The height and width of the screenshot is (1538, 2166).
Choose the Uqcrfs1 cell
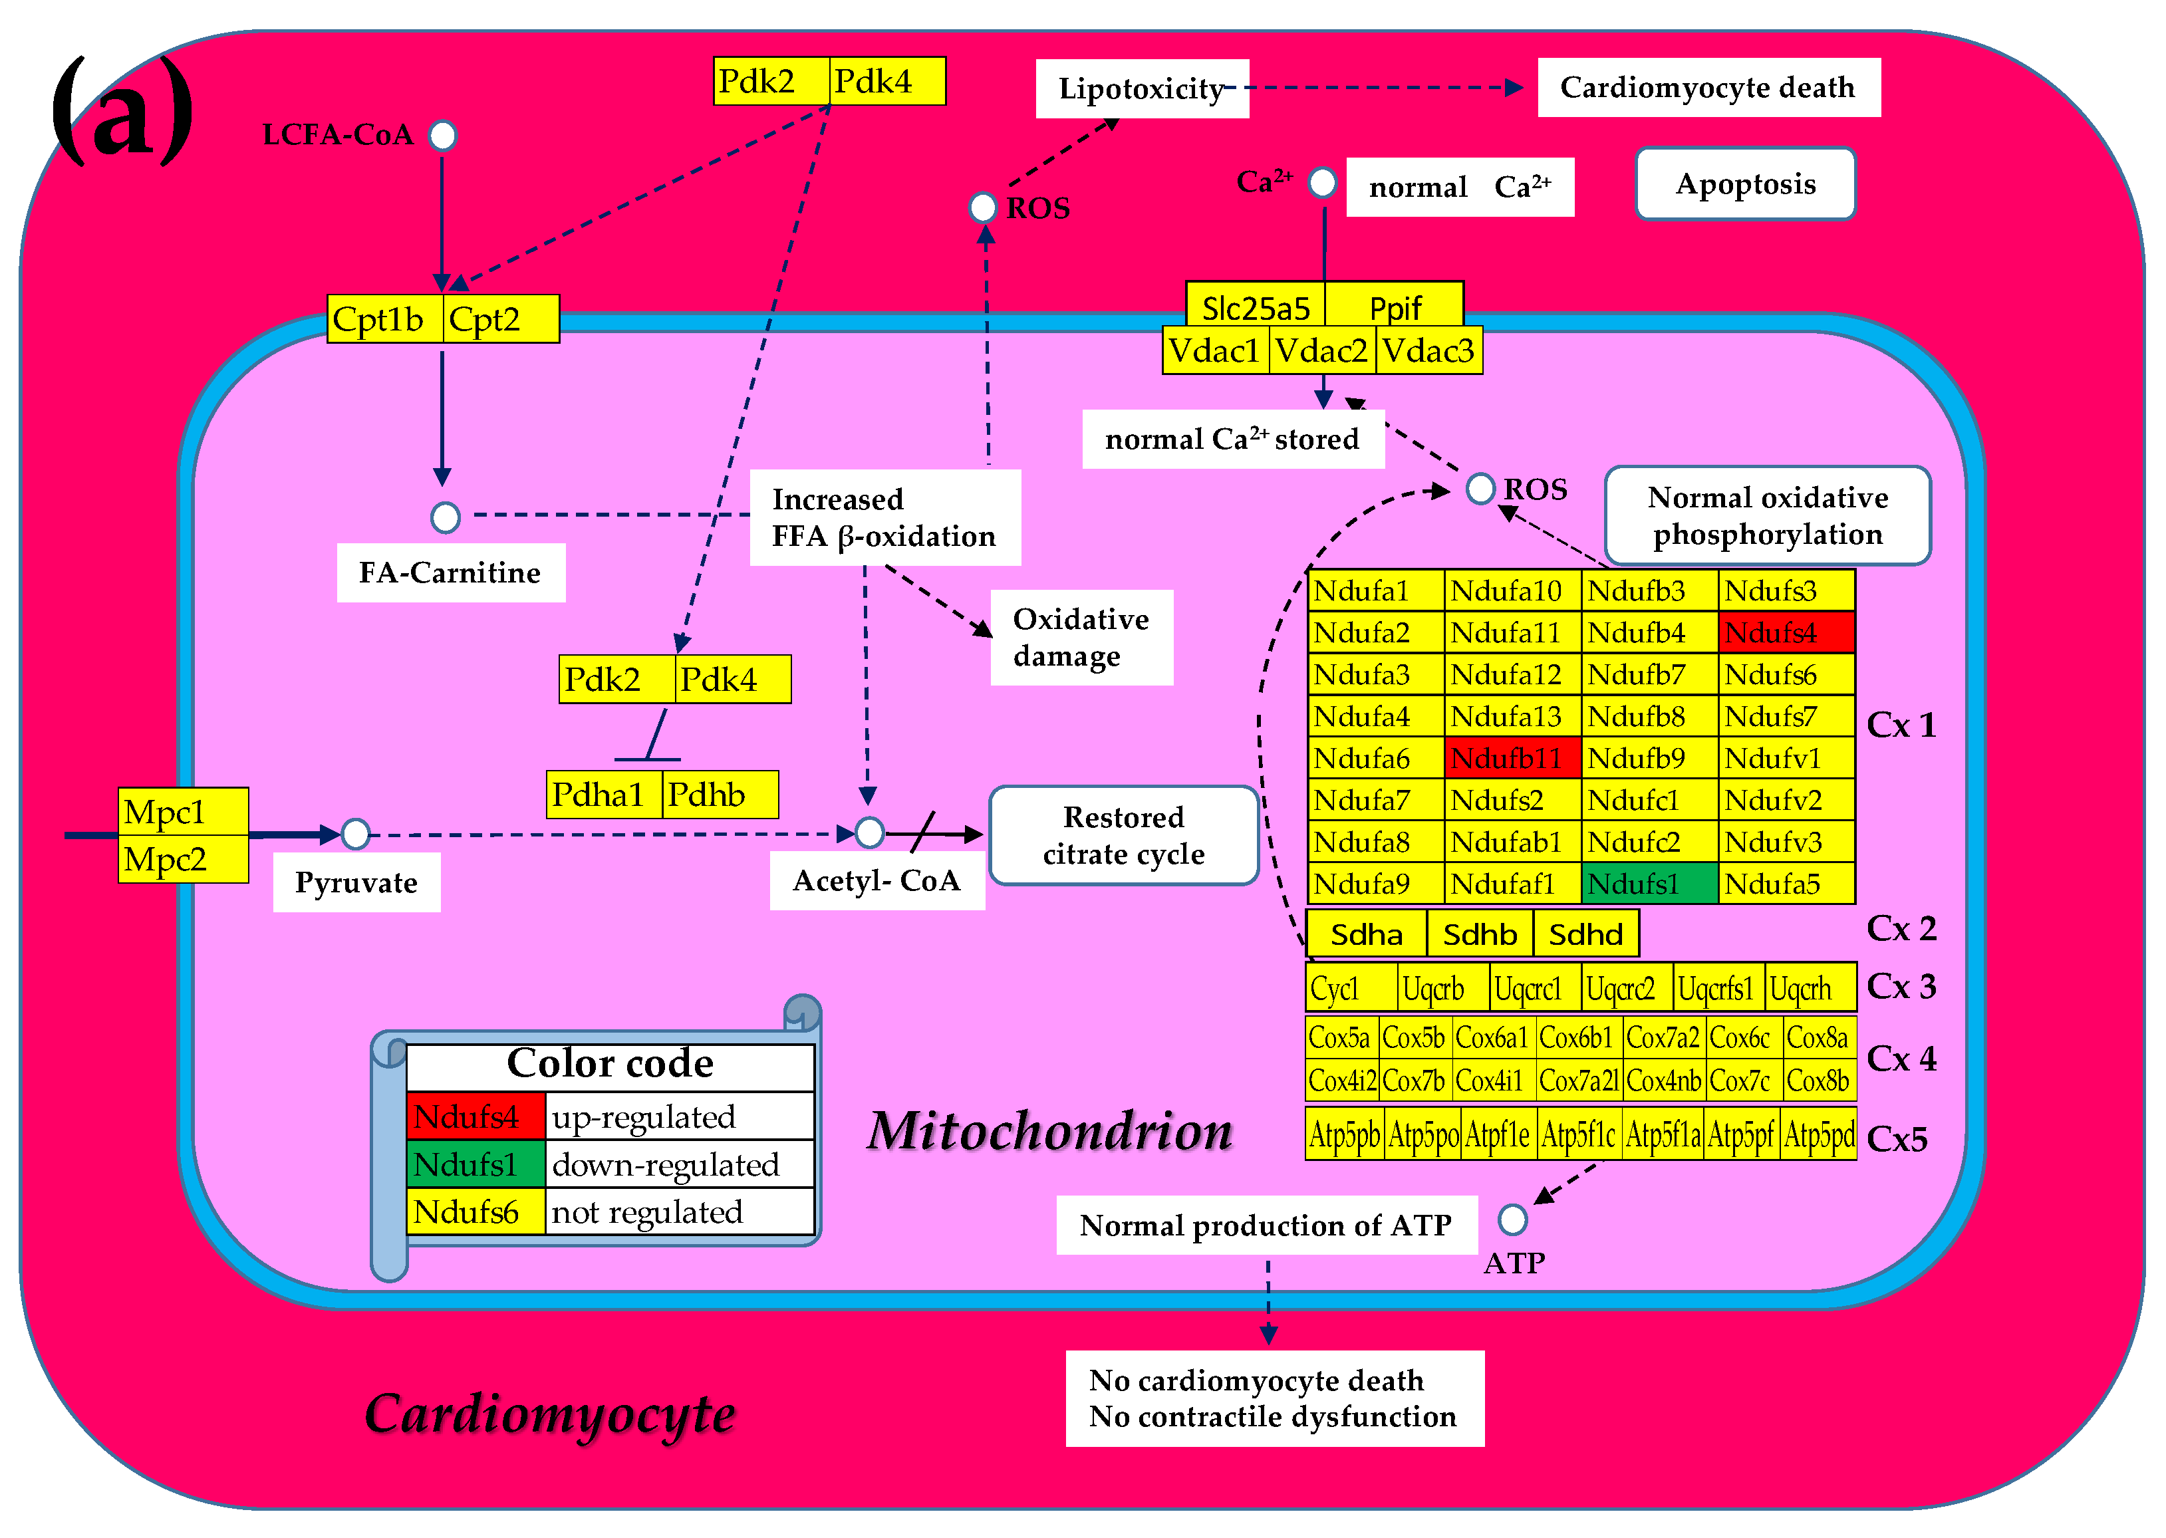[x=1717, y=988]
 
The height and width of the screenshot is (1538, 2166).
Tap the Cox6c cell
[x=1741, y=1038]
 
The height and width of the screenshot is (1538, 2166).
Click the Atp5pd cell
[x=1820, y=1134]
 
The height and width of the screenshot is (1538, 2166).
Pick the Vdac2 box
[x=1321, y=351]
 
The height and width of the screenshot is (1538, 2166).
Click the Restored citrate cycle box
[x=1123, y=835]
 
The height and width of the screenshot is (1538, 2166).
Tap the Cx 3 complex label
[x=1901, y=987]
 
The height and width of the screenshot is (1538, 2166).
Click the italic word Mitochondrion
[x=1049, y=1131]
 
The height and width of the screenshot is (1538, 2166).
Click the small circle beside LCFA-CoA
[x=442, y=136]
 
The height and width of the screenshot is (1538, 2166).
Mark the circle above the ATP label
[x=1512, y=1219]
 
